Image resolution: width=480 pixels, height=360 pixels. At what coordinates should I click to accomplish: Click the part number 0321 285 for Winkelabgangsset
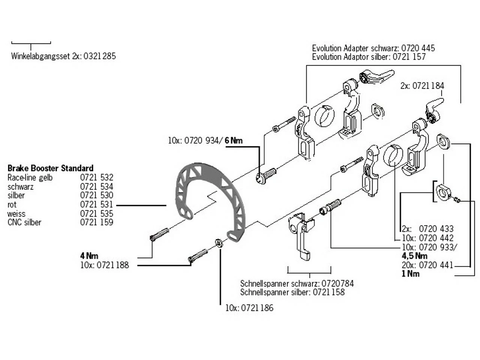pyautogui.click(x=99, y=56)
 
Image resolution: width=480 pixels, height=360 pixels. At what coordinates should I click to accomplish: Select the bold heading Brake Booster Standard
pyautogui.click(x=50, y=168)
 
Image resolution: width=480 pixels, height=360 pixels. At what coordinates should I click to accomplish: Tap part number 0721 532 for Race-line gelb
pyautogui.click(x=96, y=177)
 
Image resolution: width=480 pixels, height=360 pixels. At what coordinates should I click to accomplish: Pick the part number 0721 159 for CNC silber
pyautogui.click(x=96, y=222)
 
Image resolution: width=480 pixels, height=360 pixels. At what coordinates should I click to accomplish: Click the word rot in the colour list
pyautogui.click(x=12, y=205)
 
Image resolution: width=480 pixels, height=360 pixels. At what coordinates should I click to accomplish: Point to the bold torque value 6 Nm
pyautogui.click(x=234, y=141)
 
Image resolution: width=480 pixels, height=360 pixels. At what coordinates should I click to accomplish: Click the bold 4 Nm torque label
pyautogui.click(x=89, y=256)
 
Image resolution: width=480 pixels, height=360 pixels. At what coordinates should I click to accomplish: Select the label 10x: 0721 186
pyautogui.click(x=249, y=308)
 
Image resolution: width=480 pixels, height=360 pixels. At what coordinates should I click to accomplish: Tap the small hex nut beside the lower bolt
pyautogui.click(x=219, y=243)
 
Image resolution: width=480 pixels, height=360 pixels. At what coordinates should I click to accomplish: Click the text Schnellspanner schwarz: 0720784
pyautogui.click(x=297, y=283)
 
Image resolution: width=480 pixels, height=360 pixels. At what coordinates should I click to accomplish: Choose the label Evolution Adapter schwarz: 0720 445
pyautogui.click(x=373, y=48)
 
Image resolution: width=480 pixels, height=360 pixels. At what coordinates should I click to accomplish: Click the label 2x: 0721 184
pyautogui.click(x=422, y=85)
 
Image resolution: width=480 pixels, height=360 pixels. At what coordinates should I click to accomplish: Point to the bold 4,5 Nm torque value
pyautogui.click(x=414, y=256)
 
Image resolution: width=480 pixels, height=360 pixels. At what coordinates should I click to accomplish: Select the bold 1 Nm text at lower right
pyautogui.click(x=411, y=274)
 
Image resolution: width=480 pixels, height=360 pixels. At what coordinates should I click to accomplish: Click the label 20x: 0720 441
pyautogui.click(x=427, y=265)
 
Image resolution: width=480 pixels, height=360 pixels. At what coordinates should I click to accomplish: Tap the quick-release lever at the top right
pyautogui.click(x=376, y=76)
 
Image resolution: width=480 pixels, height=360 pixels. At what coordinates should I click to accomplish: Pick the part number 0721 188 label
pyautogui.click(x=112, y=265)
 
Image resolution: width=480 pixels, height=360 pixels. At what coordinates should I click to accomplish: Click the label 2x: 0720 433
pyautogui.click(x=427, y=229)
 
